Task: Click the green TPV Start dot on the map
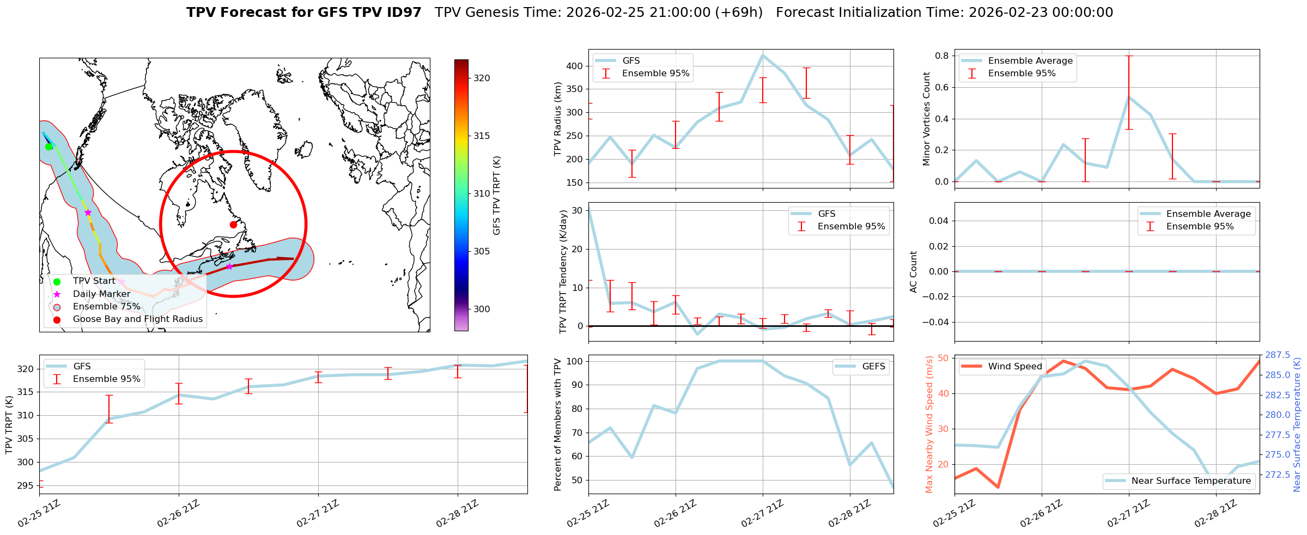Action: pos(48,147)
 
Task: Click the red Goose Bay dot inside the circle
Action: pos(233,224)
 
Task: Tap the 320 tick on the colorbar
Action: pos(481,78)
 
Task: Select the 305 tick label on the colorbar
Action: pos(481,252)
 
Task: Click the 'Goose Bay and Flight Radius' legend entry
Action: pos(137,319)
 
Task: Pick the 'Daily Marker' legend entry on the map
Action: pos(101,294)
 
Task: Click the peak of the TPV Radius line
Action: pos(762,55)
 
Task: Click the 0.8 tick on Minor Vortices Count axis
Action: pos(941,56)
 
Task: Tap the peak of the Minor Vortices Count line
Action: pos(1129,97)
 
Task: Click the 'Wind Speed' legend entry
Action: pos(1014,367)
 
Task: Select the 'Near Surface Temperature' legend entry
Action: pos(1190,481)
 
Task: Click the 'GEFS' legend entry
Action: pos(873,367)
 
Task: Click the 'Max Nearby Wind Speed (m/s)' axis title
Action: pos(929,424)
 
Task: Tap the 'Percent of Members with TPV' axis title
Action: pos(557,424)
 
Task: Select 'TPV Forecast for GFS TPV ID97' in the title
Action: pos(303,13)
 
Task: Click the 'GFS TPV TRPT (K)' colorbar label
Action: pos(496,196)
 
